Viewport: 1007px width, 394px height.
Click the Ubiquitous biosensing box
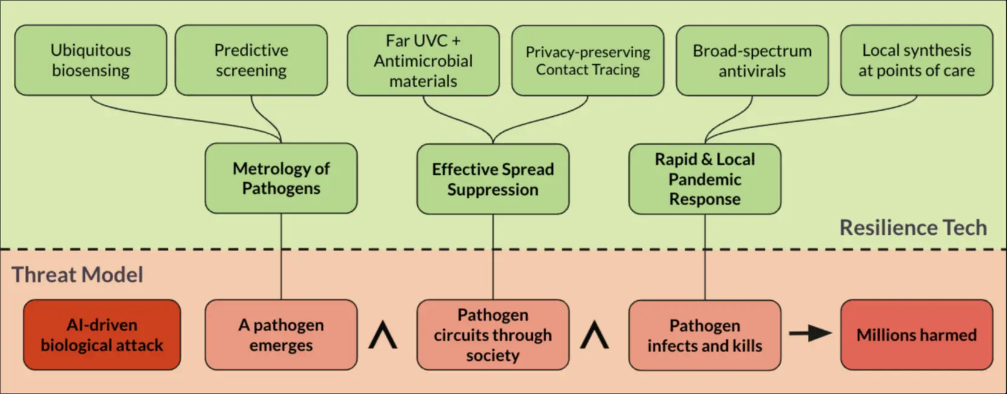coord(90,60)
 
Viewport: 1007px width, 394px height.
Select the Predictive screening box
coord(251,60)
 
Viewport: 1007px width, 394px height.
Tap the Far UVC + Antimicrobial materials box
coord(423,61)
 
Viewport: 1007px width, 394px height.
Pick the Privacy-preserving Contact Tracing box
coord(587,61)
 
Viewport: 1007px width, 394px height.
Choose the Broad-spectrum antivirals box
coord(752,61)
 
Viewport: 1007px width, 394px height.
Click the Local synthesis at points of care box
coord(916,61)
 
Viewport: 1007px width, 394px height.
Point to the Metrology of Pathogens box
coord(281,178)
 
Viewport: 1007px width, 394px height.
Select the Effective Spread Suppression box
coord(493,179)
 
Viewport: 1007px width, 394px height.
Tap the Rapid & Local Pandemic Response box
coord(705,179)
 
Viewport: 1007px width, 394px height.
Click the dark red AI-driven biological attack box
coord(102,335)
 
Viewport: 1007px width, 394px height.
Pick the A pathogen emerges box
coord(281,335)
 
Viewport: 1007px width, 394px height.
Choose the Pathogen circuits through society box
coord(493,335)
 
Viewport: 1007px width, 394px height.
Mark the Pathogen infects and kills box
coord(705,335)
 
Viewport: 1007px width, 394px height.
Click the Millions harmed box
coord(916,335)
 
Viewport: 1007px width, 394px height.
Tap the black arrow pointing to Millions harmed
coord(810,333)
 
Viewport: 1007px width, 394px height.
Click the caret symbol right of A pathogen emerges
coord(383,335)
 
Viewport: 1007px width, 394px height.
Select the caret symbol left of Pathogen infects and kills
coord(595,335)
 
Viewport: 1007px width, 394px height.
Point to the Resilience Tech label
coord(913,228)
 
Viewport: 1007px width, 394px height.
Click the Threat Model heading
coord(78,275)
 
